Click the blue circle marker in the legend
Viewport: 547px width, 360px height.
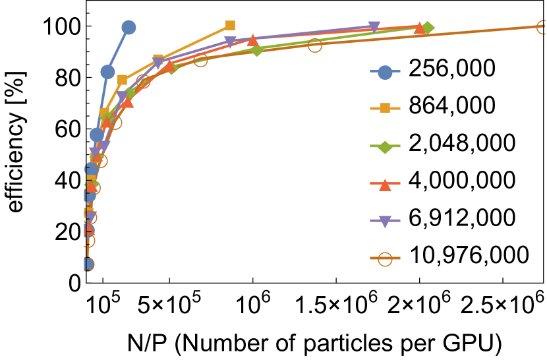[x=385, y=72]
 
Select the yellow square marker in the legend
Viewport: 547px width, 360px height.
[x=385, y=108]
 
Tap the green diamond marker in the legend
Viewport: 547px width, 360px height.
[x=385, y=146]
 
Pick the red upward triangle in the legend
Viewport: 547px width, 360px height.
[x=385, y=185]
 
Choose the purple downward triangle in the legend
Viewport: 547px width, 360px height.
[x=385, y=222]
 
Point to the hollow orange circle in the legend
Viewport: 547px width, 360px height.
[x=385, y=259]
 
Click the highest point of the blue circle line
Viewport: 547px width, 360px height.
[x=129, y=27]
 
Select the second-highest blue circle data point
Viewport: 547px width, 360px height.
[x=107, y=71]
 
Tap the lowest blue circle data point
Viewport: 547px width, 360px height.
[x=87, y=264]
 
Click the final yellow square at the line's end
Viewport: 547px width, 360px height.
[x=230, y=25]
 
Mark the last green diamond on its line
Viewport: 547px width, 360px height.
[x=427, y=28]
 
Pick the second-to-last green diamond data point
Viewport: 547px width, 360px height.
[x=257, y=50]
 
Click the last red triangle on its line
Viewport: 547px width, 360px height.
[x=419, y=28]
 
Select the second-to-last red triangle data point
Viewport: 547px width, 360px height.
[x=252, y=40]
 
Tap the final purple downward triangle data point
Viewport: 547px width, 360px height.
[x=374, y=27]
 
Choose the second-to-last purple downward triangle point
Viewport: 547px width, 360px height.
[x=230, y=42]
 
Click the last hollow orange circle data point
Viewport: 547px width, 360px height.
[x=542, y=27]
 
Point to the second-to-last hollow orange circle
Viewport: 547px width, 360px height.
[x=315, y=45]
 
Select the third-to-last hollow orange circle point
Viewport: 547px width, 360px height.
[x=200, y=59]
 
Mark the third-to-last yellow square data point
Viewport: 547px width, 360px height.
[x=123, y=80]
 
